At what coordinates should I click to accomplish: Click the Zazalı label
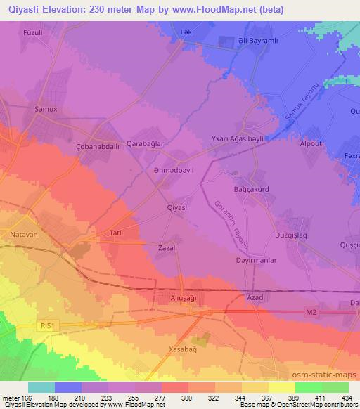pyautogui.click(x=167, y=248)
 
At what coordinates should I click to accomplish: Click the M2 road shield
pyautogui.click(x=312, y=311)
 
